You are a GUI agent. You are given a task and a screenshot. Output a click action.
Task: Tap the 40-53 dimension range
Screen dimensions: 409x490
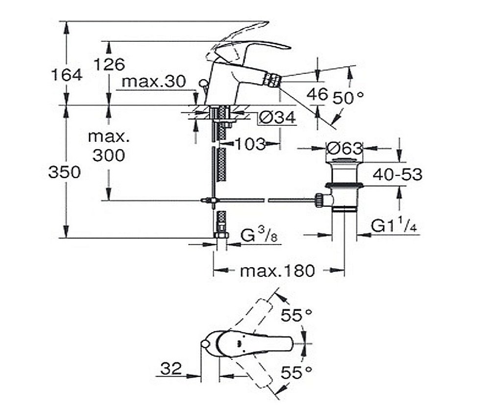[397, 174]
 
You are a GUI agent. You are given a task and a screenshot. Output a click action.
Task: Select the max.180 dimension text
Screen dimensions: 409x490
[277, 271]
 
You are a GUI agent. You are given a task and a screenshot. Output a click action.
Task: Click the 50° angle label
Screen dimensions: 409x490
[348, 97]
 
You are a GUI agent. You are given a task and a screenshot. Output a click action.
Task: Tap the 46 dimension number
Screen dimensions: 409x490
[317, 94]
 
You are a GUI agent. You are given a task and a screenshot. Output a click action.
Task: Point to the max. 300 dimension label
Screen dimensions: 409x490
[108, 146]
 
